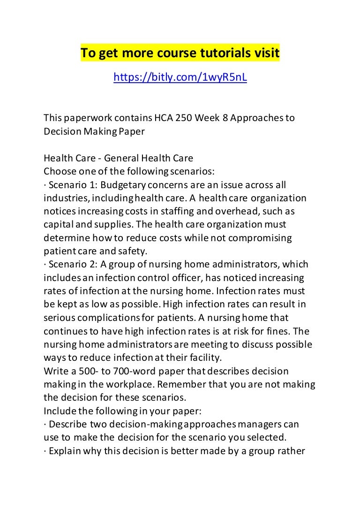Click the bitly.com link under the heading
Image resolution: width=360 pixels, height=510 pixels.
[180, 77]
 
